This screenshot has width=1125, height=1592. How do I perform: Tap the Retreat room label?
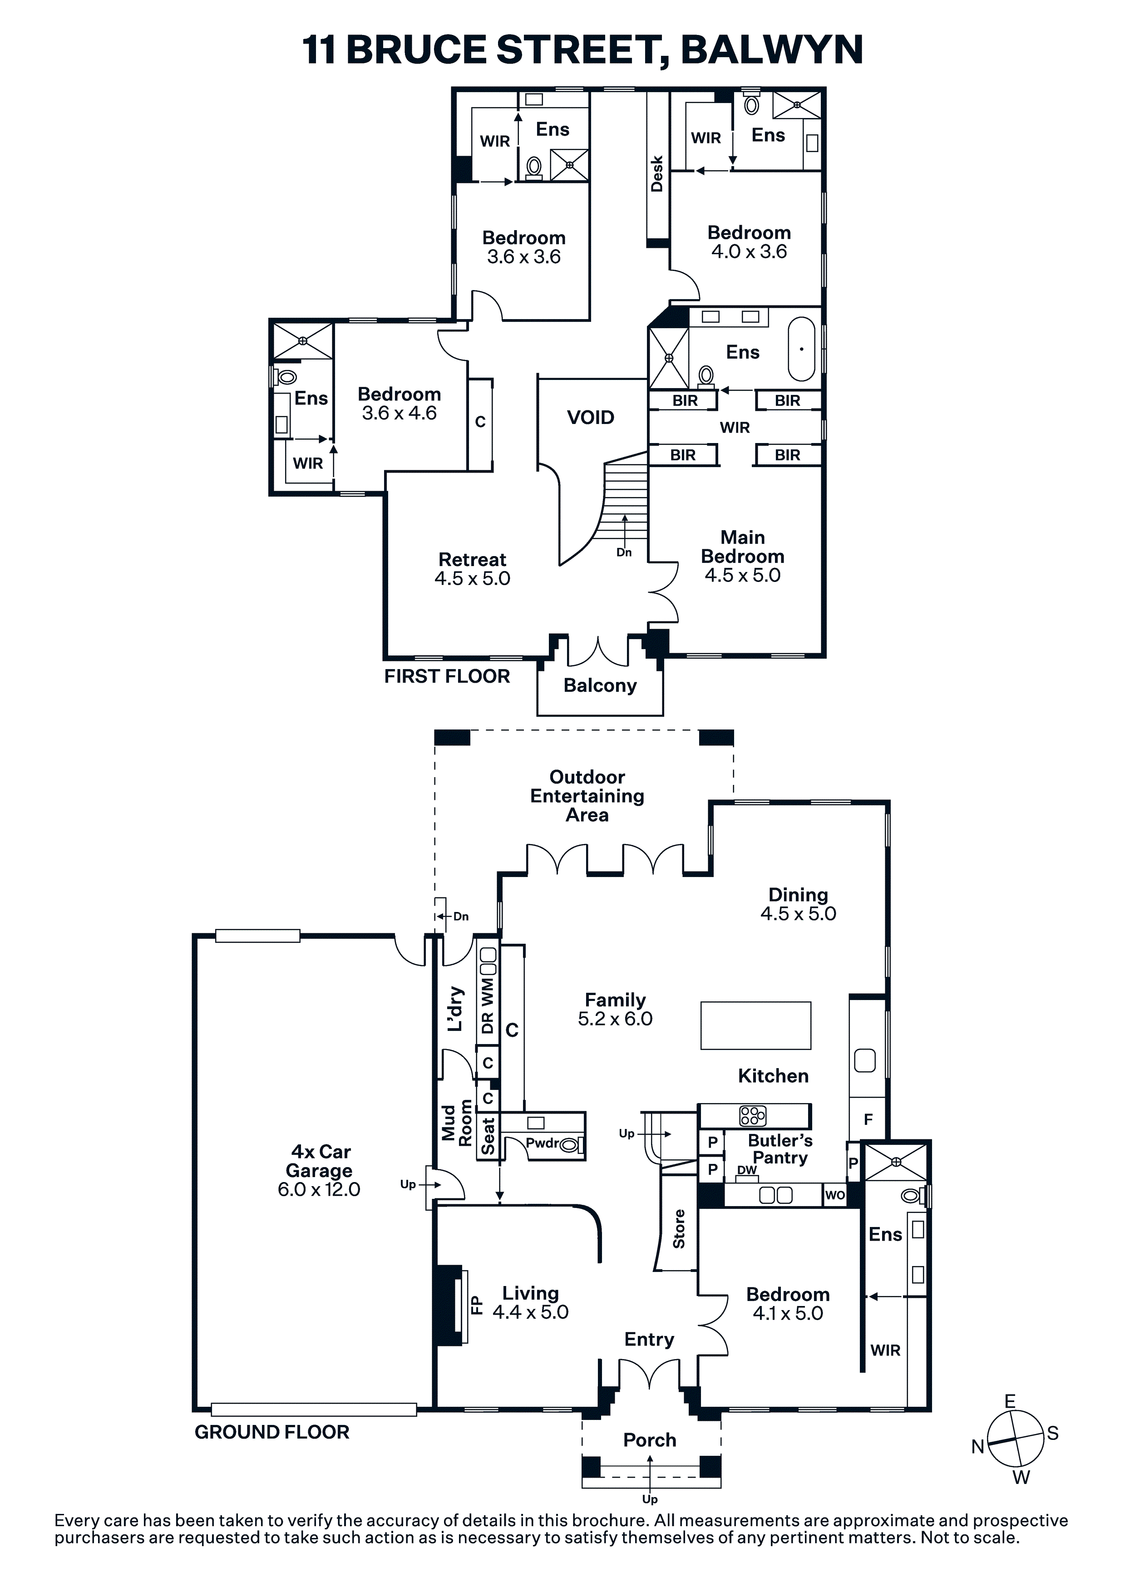click(x=472, y=560)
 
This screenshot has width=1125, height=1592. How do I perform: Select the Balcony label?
click(x=600, y=686)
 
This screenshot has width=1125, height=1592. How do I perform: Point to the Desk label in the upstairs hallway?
click(x=657, y=173)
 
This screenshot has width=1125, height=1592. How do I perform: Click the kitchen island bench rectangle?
click(x=755, y=1025)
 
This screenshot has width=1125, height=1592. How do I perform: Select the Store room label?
click(x=679, y=1229)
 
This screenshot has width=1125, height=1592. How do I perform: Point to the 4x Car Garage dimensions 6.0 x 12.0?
click(x=319, y=1189)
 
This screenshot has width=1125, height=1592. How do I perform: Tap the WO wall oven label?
click(x=835, y=1195)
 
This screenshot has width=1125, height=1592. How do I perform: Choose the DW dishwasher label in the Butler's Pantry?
click(x=747, y=1170)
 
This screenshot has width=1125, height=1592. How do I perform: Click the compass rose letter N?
click(x=978, y=1446)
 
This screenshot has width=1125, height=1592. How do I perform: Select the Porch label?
click(x=649, y=1440)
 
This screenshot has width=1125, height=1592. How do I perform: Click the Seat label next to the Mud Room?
click(x=488, y=1136)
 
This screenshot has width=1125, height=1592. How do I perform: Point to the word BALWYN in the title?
click(x=772, y=50)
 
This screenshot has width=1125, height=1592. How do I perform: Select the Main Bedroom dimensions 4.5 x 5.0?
click(x=742, y=575)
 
